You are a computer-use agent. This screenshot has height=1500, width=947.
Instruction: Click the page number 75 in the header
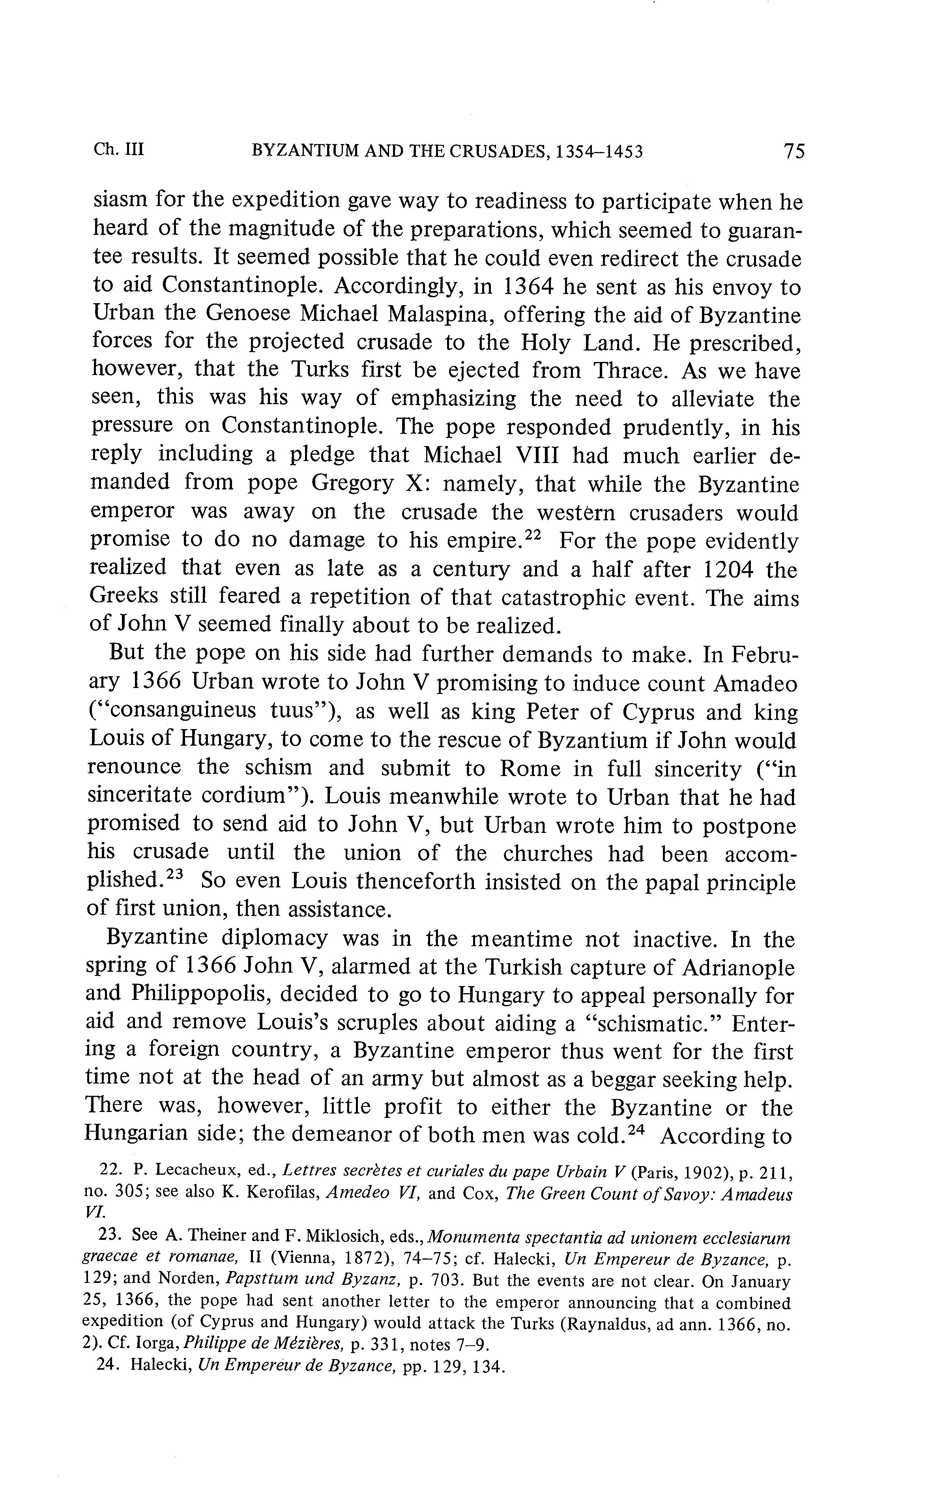coord(794,151)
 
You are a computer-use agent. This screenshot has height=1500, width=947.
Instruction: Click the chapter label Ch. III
coord(118,150)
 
